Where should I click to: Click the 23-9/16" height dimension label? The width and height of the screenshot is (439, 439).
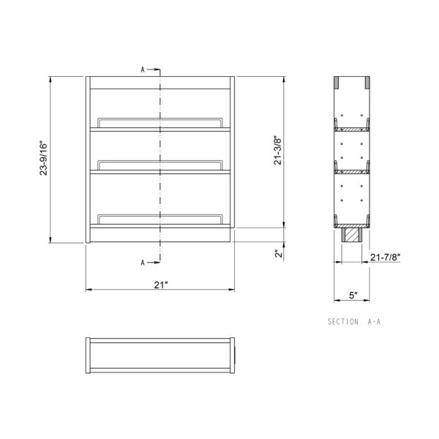pyautogui.click(x=44, y=158)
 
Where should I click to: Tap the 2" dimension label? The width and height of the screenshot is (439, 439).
pyautogui.click(x=278, y=254)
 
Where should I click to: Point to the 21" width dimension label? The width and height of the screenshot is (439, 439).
pyautogui.click(x=161, y=285)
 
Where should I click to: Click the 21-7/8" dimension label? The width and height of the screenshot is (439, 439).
pyautogui.click(x=386, y=257)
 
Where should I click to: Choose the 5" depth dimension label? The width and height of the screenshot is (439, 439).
pyautogui.click(x=353, y=296)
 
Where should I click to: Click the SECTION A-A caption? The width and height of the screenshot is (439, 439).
pyautogui.click(x=354, y=321)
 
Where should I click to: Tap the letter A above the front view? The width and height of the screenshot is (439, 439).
pyautogui.click(x=143, y=70)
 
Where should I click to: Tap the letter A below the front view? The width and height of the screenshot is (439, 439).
pyautogui.click(x=143, y=263)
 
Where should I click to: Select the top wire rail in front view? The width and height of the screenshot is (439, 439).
pyautogui.click(x=160, y=119)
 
